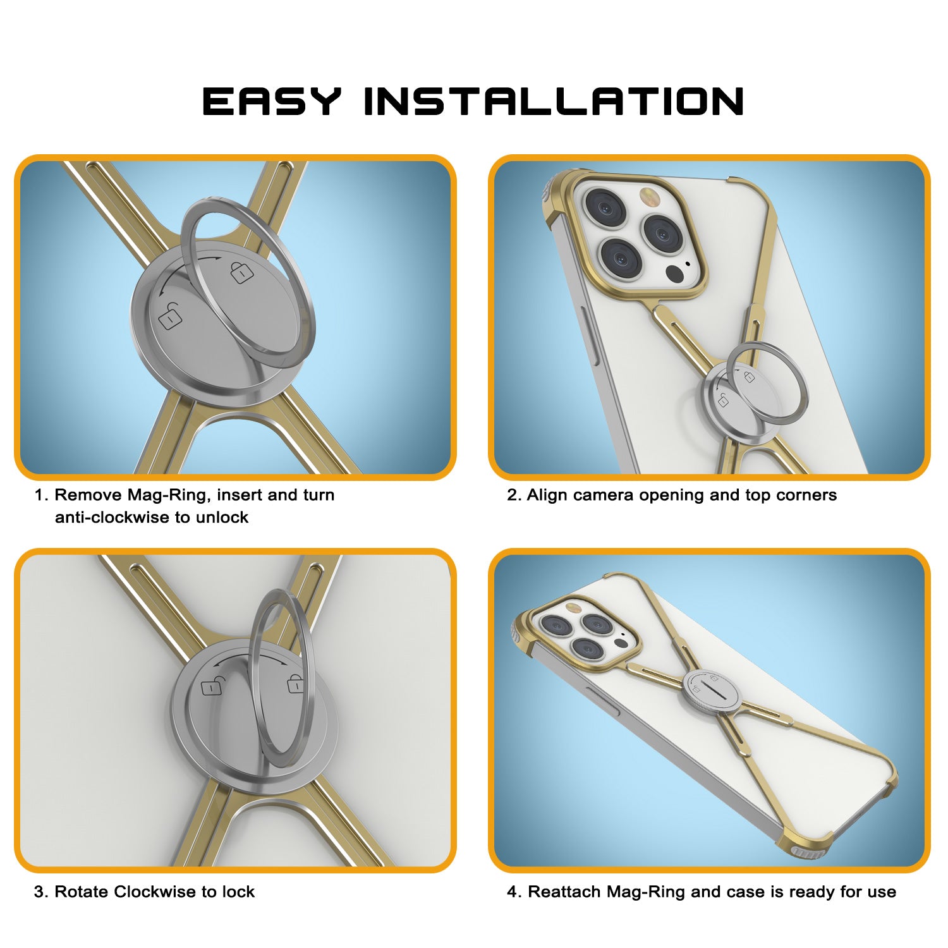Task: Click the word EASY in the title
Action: point(272,101)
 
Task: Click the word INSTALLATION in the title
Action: point(554,101)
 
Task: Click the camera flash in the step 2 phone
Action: point(648,195)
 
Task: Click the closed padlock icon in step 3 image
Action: point(295,684)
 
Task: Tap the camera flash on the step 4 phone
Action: point(574,608)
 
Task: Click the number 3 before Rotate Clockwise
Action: point(39,892)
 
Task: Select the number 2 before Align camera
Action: point(512,495)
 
